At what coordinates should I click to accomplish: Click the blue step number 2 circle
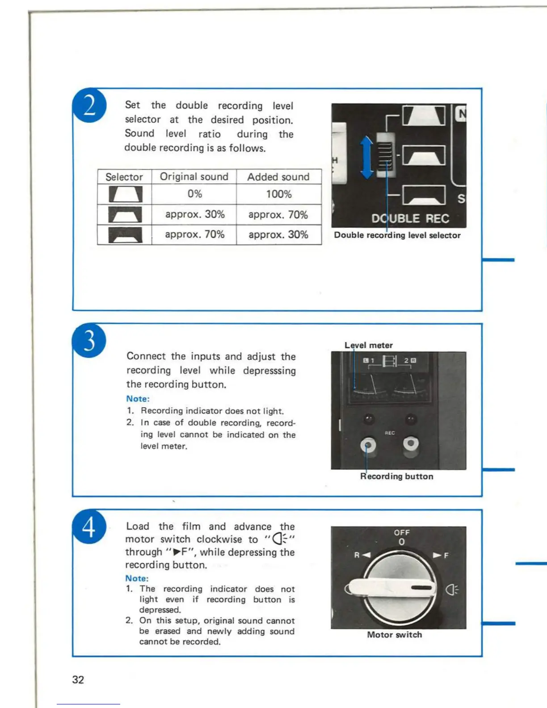pyautogui.click(x=90, y=105)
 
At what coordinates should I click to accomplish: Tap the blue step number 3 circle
pyautogui.click(x=89, y=340)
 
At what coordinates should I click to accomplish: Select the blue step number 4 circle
pyautogui.click(x=89, y=526)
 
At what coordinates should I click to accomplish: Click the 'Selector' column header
pyautogui.click(x=124, y=177)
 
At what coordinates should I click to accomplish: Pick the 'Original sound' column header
pyautogui.click(x=194, y=177)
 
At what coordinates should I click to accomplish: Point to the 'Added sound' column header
pyautogui.click(x=278, y=177)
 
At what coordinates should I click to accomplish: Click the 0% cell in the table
pyautogui.click(x=194, y=194)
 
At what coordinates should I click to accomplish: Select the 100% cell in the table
pyautogui.click(x=279, y=194)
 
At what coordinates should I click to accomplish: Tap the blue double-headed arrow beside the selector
pyautogui.click(x=367, y=157)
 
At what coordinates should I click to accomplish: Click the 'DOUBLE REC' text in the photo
pyautogui.click(x=410, y=219)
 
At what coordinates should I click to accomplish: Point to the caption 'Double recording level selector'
pyautogui.click(x=397, y=235)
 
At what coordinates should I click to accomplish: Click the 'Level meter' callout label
pyautogui.click(x=368, y=345)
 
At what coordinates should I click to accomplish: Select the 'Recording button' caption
pyautogui.click(x=396, y=476)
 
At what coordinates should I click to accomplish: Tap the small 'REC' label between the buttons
pyautogui.click(x=390, y=433)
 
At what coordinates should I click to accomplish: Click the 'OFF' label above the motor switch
pyautogui.click(x=402, y=532)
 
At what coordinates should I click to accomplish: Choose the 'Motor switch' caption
pyautogui.click(x=394, y=635)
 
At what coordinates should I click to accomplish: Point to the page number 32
pyautogui.click(x=78, y=680)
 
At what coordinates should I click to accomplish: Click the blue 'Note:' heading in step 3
pyautogui.click(x=138, y=399)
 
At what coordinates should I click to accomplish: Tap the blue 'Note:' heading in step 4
pyautogui.click(x=137, y=578)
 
